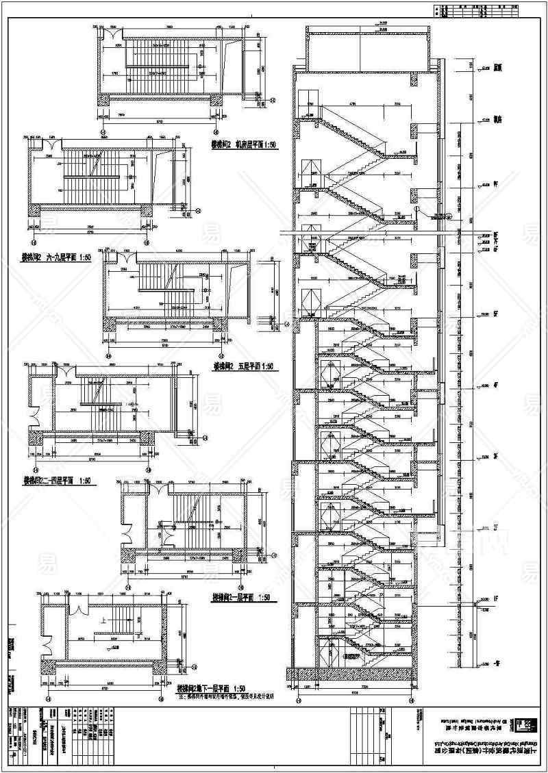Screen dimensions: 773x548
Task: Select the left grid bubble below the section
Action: point(298,700)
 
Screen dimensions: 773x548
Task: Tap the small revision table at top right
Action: point(490,10)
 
